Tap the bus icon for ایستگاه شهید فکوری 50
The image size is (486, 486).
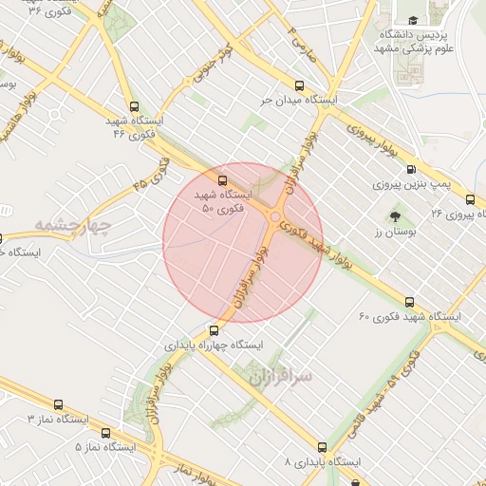[x=223, y=178]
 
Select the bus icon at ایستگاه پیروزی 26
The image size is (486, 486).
[x=470, y=199]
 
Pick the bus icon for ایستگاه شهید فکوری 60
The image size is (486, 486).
[x=409, y=302]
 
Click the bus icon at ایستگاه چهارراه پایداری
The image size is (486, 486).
[x=214, y=331]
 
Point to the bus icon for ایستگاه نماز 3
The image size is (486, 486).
[x=60, y=403]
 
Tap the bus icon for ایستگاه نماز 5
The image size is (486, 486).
[x=105, y=432]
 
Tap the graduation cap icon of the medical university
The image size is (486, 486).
[x=412, y=20]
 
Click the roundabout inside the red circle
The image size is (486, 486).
[x=274, y=217]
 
